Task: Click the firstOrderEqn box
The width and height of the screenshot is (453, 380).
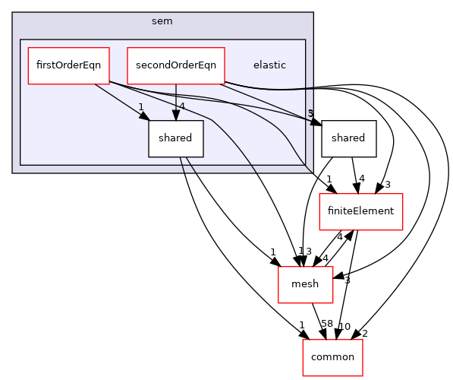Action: click(x=68, y=65)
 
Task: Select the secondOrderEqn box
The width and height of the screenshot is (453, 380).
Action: click(x=176, y=65)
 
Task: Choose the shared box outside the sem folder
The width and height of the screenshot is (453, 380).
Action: click(x=349, y=138)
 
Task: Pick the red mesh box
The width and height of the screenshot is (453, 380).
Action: click(x=306, y=284)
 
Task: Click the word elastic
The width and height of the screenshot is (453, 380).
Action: click(x=269, y=65)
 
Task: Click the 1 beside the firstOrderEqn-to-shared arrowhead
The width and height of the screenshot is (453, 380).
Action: click(x=140, y=107)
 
